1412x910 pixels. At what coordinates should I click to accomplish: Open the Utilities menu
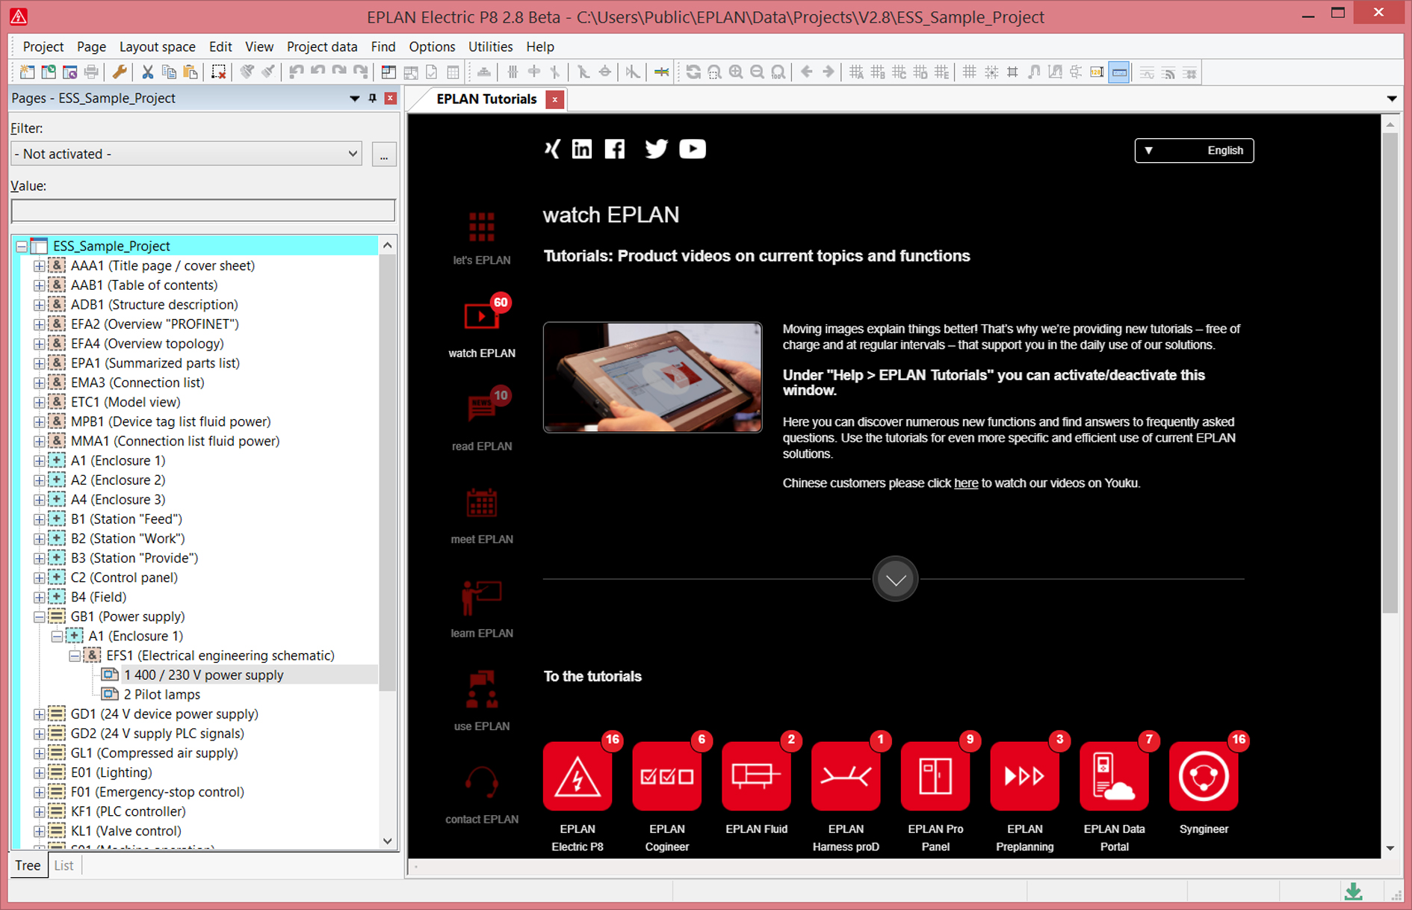[490, 46]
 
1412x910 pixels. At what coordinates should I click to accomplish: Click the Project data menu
[322, 46]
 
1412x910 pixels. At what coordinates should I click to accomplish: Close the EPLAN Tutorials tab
[555, 99]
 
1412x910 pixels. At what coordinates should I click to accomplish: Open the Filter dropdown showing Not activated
[186, 154]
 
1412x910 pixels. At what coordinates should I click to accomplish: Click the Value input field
[203, 211]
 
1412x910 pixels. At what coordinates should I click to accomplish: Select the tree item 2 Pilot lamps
[162, 694]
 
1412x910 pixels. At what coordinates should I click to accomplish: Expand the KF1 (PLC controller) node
[40, 811]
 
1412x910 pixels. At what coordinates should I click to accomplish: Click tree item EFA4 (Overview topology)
[147, 344]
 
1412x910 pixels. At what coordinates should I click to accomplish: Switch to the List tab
[64, 865]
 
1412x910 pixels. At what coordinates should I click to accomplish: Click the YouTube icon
[693, 149]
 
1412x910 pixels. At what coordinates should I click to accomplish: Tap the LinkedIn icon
[582, 149]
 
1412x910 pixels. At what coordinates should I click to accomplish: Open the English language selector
[1194, 151]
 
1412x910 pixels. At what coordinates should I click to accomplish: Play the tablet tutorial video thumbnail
[652, 377]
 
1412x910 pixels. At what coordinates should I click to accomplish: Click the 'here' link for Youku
[966, 483]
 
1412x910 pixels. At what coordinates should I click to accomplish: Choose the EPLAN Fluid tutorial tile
[756, 776]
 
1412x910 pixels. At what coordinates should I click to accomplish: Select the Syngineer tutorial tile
[1204, 776]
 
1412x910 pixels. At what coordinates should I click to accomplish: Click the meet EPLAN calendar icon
[482, 503]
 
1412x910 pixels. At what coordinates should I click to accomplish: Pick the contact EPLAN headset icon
[482, 782]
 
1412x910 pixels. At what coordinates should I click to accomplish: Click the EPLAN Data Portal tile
[1114, 776]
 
